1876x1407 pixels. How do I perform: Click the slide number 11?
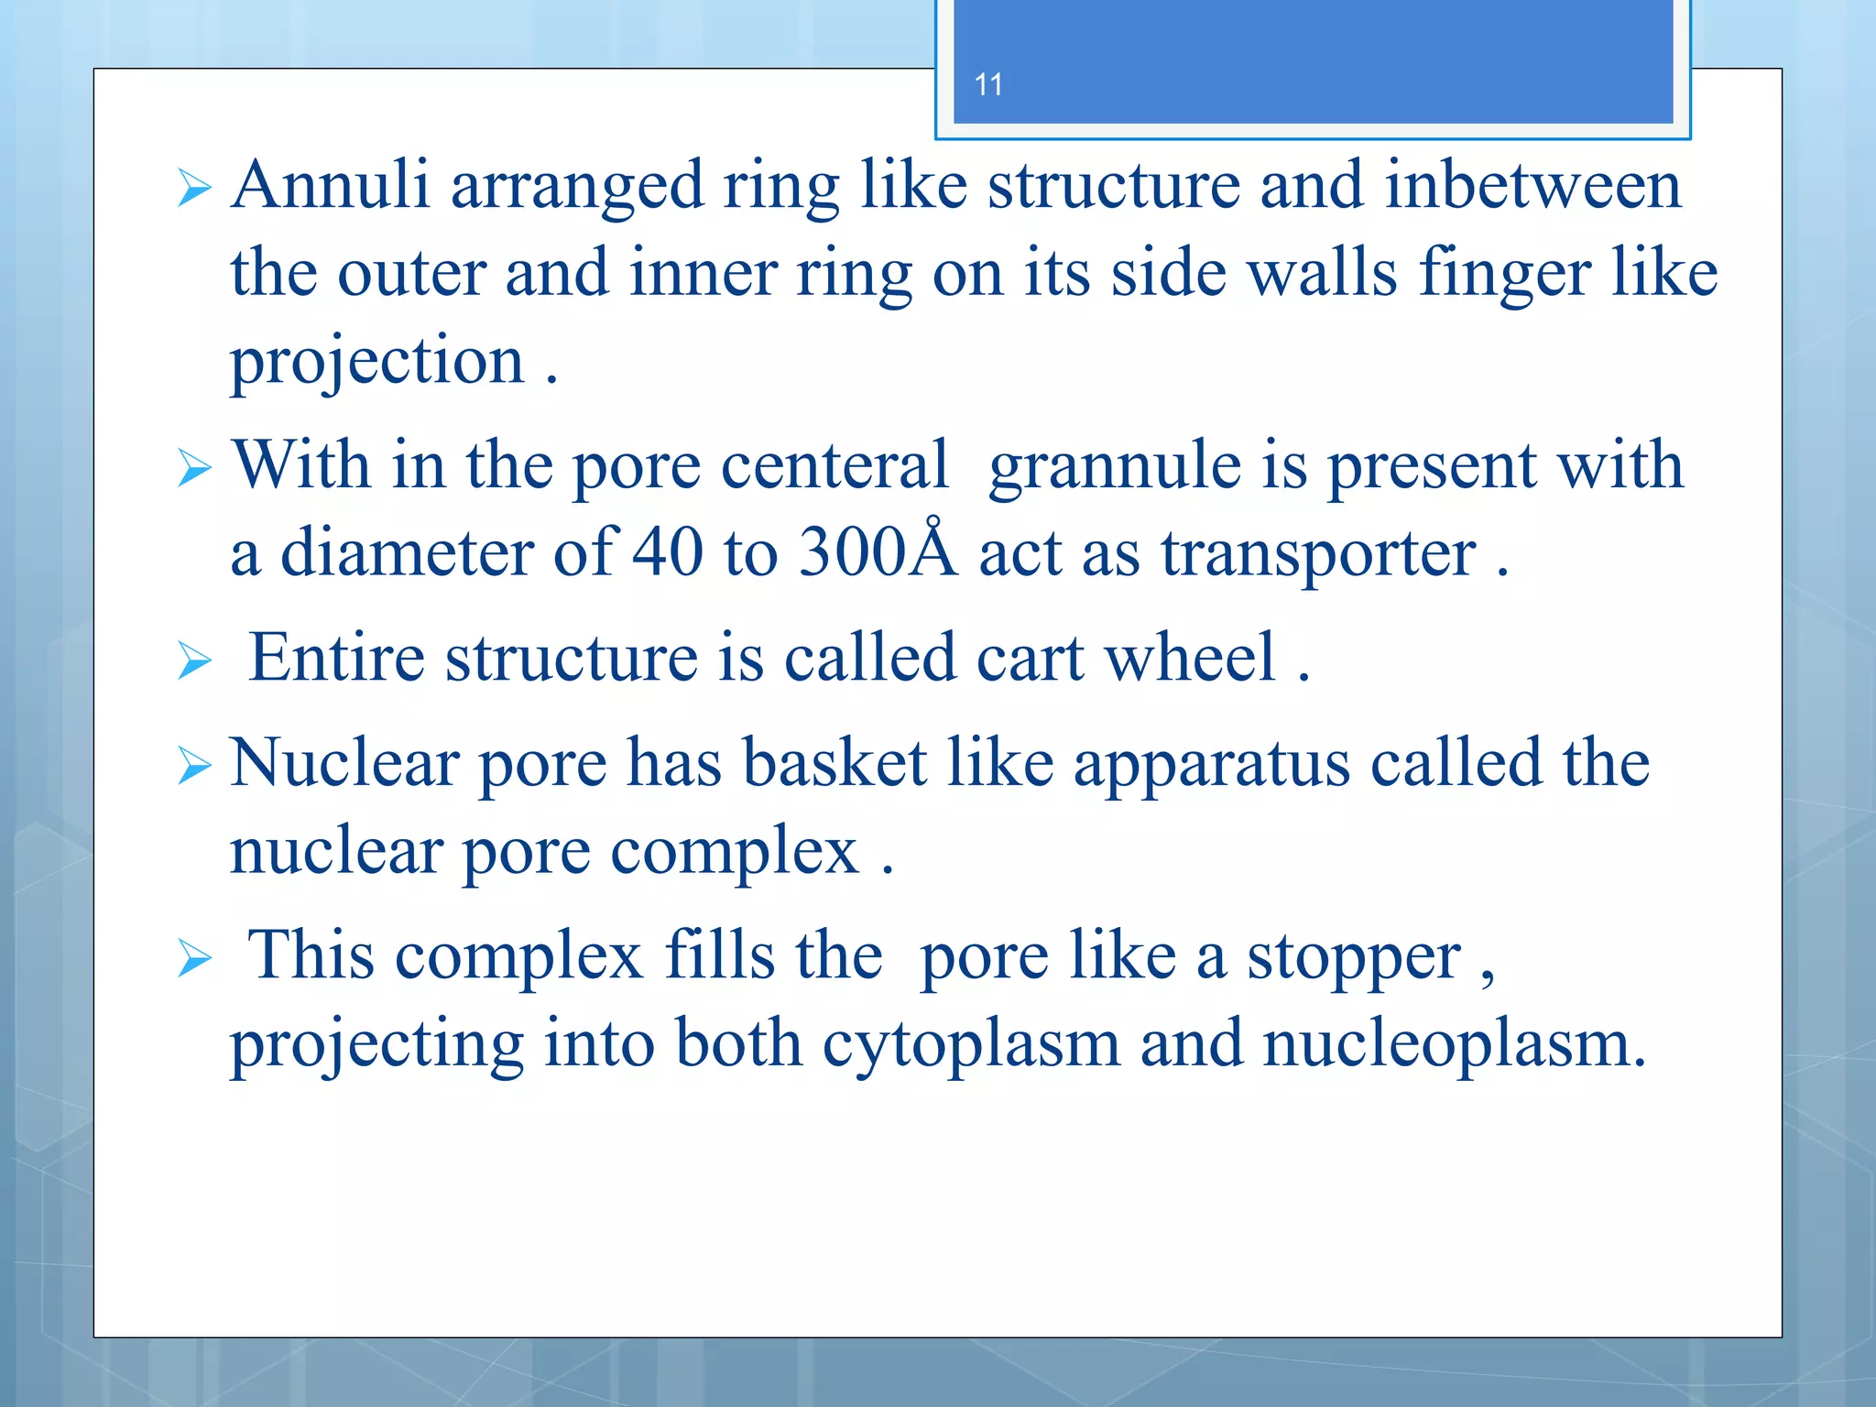click(x=988, y=85)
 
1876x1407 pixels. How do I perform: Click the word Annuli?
click(x=330, y=186)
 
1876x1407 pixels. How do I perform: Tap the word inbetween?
click(x=1532, y=186)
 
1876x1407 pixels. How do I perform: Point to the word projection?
click(x=376, y=362)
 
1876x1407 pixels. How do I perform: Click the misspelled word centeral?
click(x=834, y=465)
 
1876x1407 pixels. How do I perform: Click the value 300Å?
click(x=877, y=551)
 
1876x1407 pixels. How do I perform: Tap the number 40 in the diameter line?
click(x=668, y=552)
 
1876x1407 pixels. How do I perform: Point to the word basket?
click(x=834, y=763)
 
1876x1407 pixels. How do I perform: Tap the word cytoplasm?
click(x=970, y=1045)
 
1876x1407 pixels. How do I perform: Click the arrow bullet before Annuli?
click(x=194, y=189)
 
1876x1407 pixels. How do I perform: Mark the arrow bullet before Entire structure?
click(x=194, y=660)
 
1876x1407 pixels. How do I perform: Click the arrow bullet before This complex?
click(x=194, y=958)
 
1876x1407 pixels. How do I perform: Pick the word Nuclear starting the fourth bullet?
click(x=344, y=763)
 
